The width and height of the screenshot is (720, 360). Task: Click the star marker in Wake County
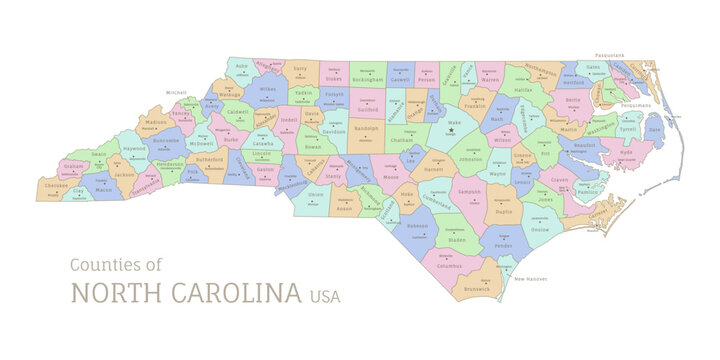click(451, 130)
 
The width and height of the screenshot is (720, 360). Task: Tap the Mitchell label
click(176, 92)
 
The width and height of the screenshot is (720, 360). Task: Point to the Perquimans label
click(636, 104)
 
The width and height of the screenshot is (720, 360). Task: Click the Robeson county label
click(418, 226)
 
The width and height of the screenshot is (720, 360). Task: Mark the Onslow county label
click(540, 230)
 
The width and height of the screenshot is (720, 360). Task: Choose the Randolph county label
click(367, 128)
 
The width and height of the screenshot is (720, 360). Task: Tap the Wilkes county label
click(267, 89)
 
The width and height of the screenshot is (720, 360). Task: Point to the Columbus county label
click(450, 265)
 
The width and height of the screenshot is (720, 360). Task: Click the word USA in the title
click(324, 295)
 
